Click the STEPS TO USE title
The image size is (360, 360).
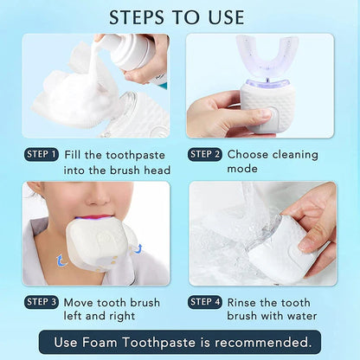(x=180, y=16)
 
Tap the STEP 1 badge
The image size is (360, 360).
(x=42, y=155)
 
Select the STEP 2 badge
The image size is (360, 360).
(x=204, y=155)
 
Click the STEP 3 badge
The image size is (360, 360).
(x=42, y=302)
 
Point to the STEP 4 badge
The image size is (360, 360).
(x=204, y=302)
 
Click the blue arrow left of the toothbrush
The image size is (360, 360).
(x=61, y=259)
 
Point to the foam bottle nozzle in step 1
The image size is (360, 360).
(x=103, y=41)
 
